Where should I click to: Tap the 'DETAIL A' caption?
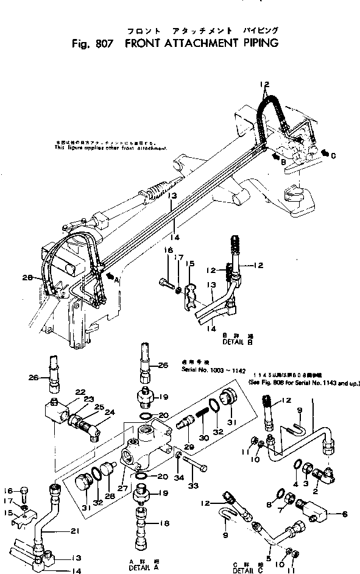click(142, 567)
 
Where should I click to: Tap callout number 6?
click(345, 514)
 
